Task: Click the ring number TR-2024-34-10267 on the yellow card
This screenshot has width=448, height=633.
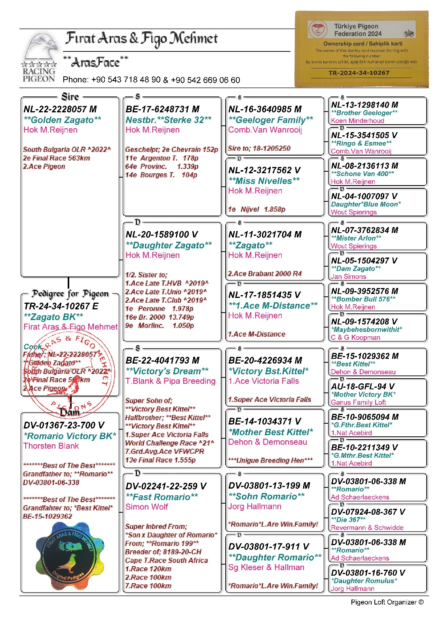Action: [359, 73]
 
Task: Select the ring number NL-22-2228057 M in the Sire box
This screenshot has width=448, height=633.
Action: [60, 109]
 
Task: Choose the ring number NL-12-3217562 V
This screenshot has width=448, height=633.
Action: [264, 170]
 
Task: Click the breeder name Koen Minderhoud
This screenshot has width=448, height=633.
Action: [357, 121]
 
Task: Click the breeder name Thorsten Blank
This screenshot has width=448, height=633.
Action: [51, 446]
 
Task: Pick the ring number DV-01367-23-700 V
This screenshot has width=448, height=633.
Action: [64, 425]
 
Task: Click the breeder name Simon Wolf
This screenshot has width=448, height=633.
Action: [147, 507]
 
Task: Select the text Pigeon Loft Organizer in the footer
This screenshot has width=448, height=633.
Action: [383, 602]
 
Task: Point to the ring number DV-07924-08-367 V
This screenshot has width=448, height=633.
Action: [368, 512]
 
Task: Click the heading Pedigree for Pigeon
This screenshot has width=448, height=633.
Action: [70, 294]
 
